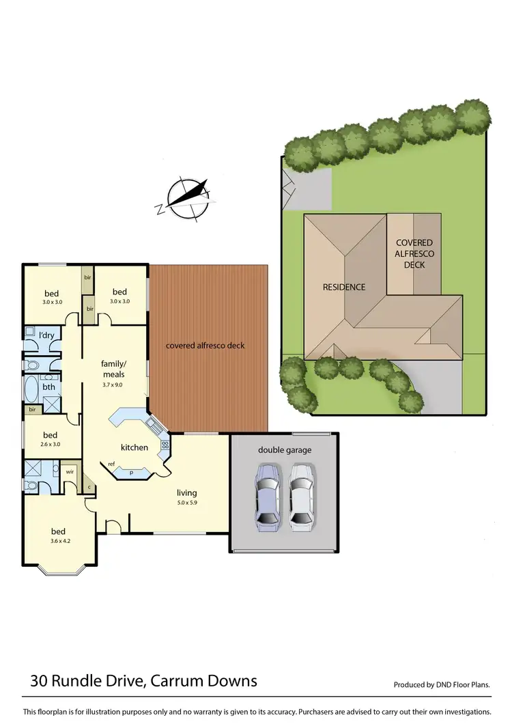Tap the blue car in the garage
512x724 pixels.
click(266, 498)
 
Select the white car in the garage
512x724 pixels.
click(302, 498)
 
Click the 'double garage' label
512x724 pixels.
click(284, 449)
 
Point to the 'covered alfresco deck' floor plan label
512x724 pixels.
click(205, 346)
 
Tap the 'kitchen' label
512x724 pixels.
click(134, 447)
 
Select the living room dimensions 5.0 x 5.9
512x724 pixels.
click(186, 503)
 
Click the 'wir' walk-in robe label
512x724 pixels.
click(70, 471)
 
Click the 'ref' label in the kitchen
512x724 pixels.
click(111, 464)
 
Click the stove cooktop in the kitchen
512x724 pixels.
click(164, 445)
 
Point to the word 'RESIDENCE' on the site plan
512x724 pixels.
click(344, 287)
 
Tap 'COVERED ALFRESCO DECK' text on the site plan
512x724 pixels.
click(414, 253)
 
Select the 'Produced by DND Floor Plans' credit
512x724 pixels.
click(442, 684)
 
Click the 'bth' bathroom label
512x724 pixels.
click(48, 387)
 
